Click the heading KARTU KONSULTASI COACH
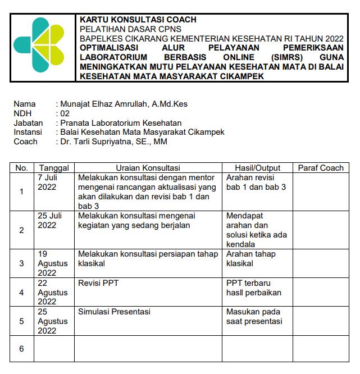[x=138, y=20]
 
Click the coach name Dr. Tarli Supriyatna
[x=113, y=142]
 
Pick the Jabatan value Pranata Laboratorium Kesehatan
[x=120, y=123]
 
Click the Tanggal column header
[x=54, y=168]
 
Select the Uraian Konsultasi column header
[x=148, y=168]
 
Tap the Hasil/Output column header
[x=257, y=168]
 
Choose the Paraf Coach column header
[x=321, y=168]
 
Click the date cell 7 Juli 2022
[x=47, y=182]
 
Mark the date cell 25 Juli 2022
[x=49, y=220]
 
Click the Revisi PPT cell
[x=98, y=283]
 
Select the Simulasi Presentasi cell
[x=115, y=312]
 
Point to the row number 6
[x=21, y=349]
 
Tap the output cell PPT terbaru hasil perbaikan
[x=253, y=288]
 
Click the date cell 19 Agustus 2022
[x=52, y=263]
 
